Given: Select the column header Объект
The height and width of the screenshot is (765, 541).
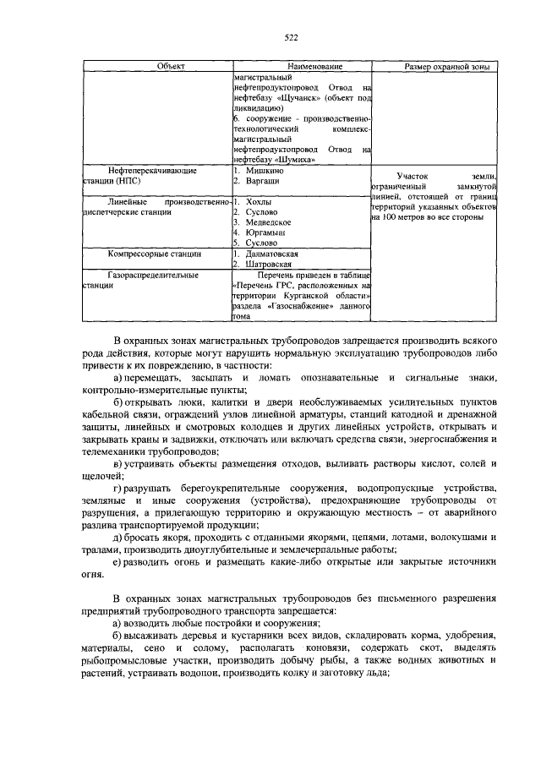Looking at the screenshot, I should click(x=157, y=67).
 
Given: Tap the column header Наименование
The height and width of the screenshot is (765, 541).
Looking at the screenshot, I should click(x=301, y=67).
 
